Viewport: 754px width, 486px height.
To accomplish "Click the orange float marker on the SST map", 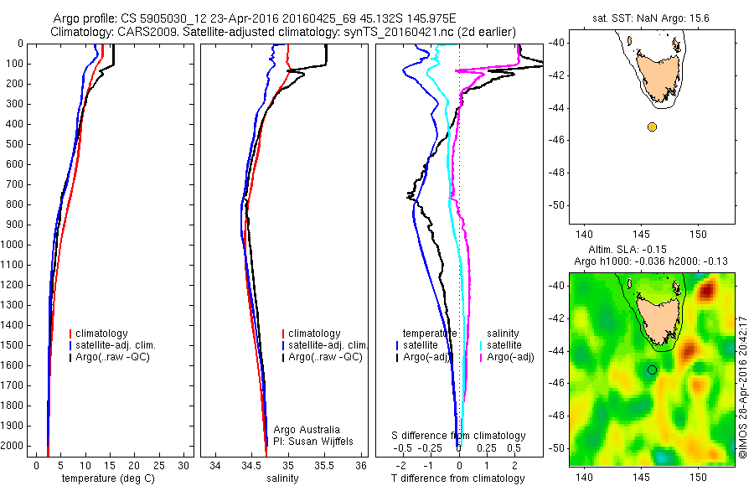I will [x=652, y=127].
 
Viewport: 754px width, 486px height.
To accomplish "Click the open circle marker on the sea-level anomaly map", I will [x=652, y=370].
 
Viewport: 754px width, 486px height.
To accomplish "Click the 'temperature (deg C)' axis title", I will [x=106, y=478].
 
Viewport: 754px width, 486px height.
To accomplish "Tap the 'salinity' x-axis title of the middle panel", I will [x=282, y=478].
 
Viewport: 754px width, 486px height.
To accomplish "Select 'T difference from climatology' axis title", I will [x=458, y=478].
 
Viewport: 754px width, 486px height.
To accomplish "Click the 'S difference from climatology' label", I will [x=459, y=436].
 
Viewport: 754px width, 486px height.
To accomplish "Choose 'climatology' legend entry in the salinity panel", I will [x=313, y=333].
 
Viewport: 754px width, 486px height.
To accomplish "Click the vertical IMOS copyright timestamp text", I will [x=743, y=386].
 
